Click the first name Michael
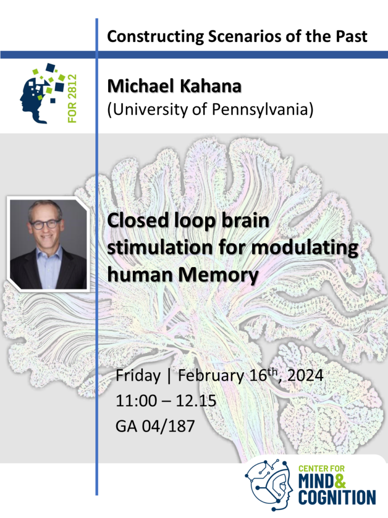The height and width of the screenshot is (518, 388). pos(141,86)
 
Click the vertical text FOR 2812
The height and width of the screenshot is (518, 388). pos(72,98)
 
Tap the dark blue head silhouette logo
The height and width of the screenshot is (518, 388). pos(33,101)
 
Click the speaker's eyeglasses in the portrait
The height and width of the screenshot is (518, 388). pos(45,224)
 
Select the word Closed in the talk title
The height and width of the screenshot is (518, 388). pos(138,220)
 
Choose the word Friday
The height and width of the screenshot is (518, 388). pos(138,376)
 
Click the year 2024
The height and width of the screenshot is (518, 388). pos(305,376)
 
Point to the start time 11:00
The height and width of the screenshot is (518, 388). pos(136,401)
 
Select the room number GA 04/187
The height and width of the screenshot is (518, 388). pos(155,426)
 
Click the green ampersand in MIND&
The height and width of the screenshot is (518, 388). pos(339,482)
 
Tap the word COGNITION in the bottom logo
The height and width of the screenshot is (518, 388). pos(337,498)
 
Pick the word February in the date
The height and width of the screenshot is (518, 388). pos(211,376)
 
